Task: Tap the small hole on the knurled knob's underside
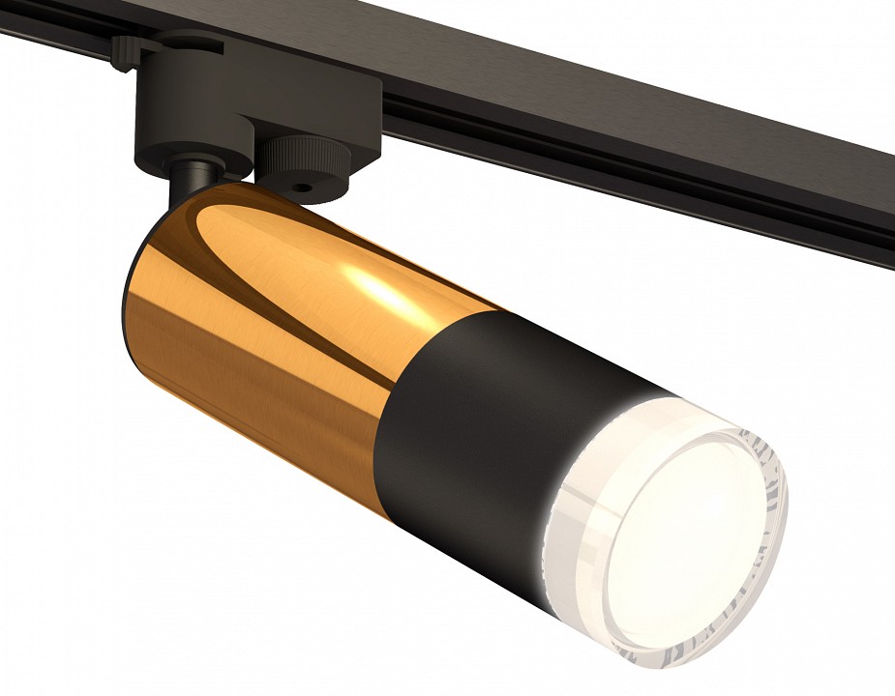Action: pyautogui.click(x=303, y=188)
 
